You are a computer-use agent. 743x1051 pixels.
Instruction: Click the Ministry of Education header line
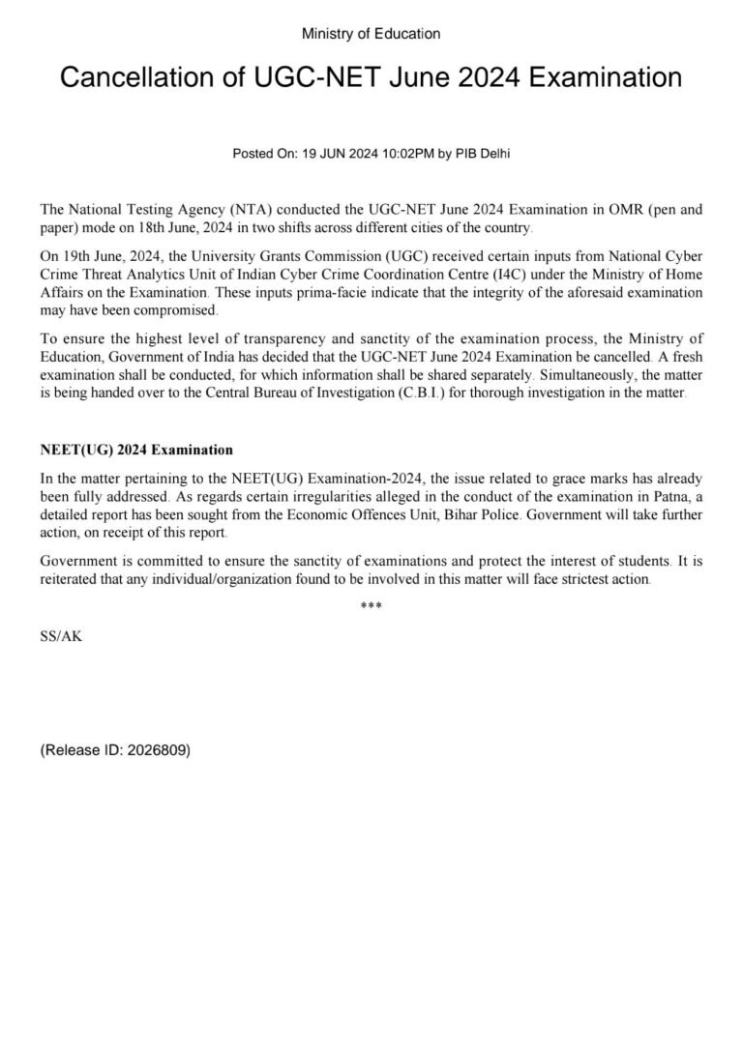pos(371,34)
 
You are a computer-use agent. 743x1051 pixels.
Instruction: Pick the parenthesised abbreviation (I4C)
pos(570,275)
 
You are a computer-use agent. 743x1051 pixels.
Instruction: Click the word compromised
pos(176,310)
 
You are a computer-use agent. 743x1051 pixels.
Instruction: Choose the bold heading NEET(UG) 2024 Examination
pos(136,450)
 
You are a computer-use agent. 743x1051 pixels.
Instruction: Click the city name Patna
pos(640,496)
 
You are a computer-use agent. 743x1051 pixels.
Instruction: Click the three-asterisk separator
pos(371,607)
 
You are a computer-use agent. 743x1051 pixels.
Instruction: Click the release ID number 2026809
pos(155,748)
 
